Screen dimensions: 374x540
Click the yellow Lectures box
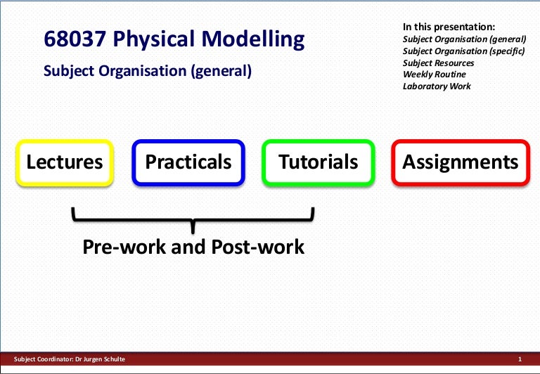tap(65, 162)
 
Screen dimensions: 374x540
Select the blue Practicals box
tap(188, 162)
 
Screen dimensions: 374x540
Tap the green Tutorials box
tap(318, 162)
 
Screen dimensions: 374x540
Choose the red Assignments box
tap(460, 162)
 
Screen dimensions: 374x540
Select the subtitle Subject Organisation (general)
tap(147, 71)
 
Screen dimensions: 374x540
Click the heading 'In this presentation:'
tap(449, 26)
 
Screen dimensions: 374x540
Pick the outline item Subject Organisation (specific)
tap(464, 51)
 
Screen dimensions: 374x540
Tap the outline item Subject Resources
tap(438, 63)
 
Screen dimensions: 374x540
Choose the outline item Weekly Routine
tap(434, 75)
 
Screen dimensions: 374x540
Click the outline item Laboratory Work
tap(437, 86)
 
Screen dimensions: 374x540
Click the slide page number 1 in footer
tap(519, 360)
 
